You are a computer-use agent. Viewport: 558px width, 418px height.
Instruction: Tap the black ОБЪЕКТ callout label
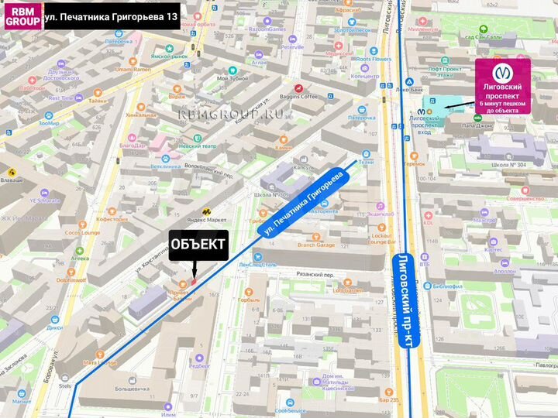[198, 245]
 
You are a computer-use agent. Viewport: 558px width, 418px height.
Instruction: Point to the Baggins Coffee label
[299, 96]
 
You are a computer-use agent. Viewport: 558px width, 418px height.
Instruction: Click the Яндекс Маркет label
[213, 219]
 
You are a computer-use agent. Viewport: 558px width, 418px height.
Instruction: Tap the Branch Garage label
[316, 245]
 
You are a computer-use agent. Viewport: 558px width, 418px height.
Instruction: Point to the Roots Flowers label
[374, 59]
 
